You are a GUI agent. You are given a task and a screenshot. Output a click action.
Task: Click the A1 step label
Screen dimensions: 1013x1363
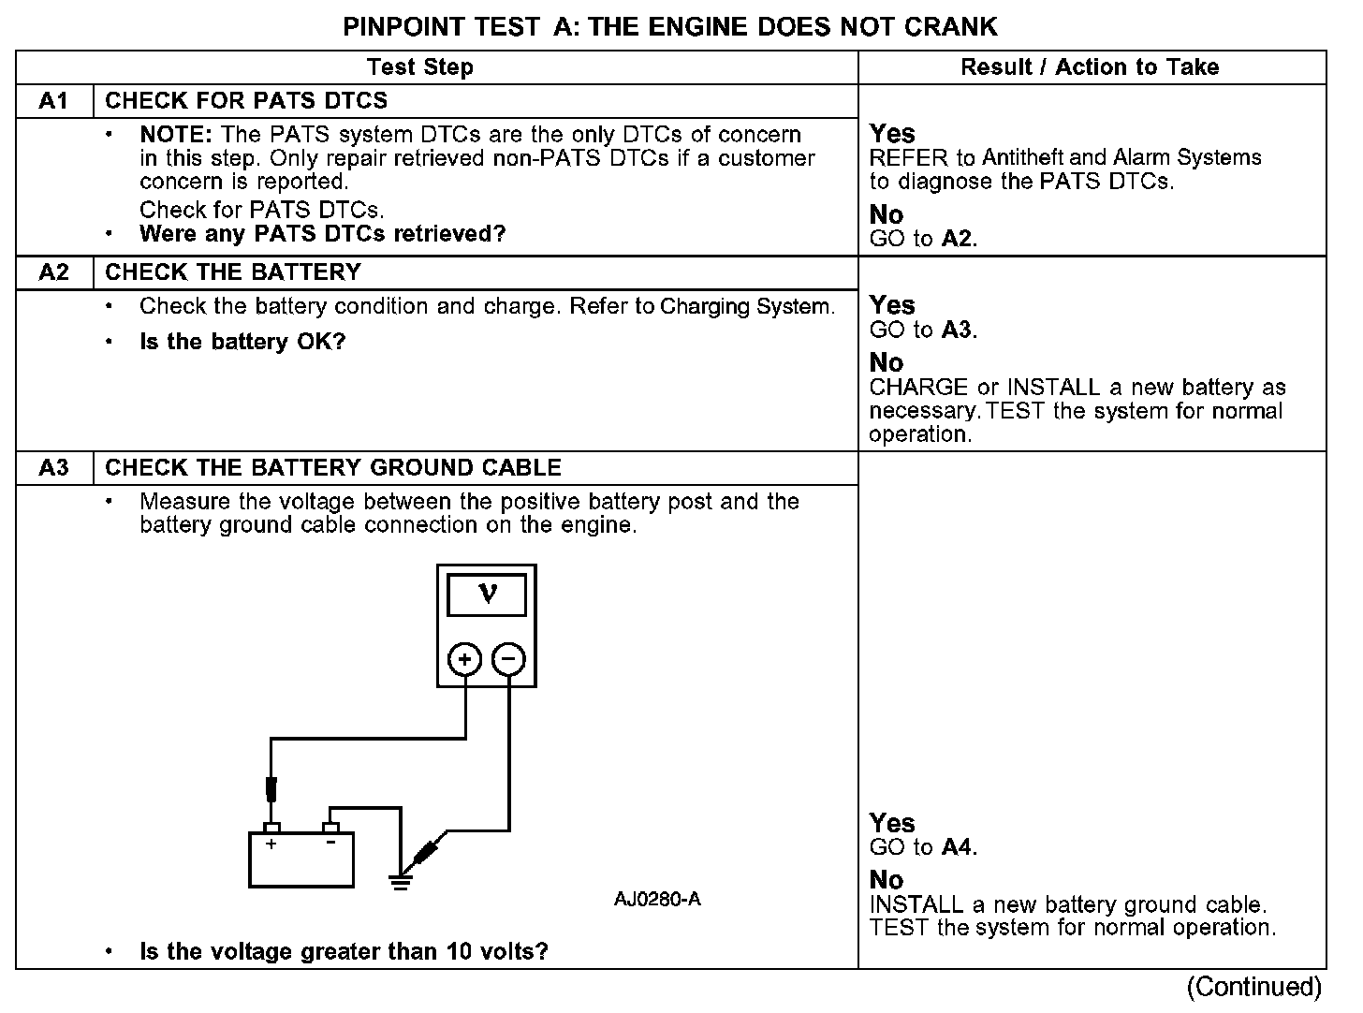pyautogui.click(x=54, y=101)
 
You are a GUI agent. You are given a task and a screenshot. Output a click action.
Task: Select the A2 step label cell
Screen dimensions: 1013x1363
pyautogui.click(x=54, y=272)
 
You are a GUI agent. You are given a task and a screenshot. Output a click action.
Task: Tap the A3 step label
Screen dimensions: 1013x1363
pyautogui.click(x=54, y=468)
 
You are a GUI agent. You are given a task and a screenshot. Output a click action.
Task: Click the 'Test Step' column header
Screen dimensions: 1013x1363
pyautogui.click(x=420, y=67)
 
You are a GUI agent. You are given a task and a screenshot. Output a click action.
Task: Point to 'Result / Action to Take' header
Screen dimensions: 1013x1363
pyautogui.click(x=1090, y=67)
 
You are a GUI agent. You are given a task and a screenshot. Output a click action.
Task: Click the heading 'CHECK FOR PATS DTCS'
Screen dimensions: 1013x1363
pyautogui.click(x=246, y=101)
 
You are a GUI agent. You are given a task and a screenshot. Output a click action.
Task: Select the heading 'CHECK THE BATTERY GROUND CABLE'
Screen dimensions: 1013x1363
pyautogui.click(x=333, y=468)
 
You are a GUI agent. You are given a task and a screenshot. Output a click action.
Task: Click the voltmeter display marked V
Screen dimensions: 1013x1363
pyautogui.click(x=487, y=595)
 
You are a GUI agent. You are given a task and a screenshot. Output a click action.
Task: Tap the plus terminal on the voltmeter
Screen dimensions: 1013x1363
pyautogui.click(x=465, y=659)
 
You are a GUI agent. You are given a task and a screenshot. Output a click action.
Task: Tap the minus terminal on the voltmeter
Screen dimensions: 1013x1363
pyautogui.click(x=508, y=659)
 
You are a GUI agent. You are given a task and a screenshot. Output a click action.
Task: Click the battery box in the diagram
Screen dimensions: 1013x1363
pyautogui.click(x=300, y=860)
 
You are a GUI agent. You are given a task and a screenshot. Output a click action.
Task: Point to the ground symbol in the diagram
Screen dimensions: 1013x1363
pyautogui.click(x=401, y=881)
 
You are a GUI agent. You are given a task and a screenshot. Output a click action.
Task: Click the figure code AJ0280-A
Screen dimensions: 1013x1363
pyautogui.click(x=657, y=900)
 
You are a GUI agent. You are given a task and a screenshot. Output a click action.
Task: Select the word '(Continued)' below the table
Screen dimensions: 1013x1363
pyautogui.click(x=1253, y=987)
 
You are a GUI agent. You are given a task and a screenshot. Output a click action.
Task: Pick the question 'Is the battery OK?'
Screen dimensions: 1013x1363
pyautogui.click(x=242, y=342)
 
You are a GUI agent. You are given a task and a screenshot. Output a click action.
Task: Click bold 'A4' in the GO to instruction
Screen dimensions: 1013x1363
pyautogui.click(x=957, y=847)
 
